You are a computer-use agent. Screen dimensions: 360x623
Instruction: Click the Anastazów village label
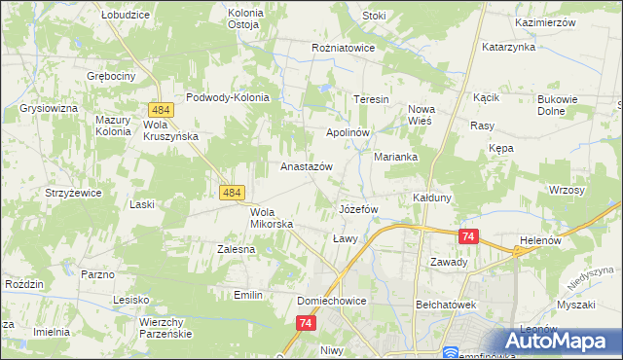[307, 166]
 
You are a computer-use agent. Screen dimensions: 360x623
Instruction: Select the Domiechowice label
[332, 301]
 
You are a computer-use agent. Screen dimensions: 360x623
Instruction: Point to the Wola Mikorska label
[265, 218]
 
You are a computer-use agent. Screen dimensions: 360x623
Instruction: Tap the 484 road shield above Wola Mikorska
[232, 194]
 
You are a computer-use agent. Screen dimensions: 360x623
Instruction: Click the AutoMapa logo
[559, 342]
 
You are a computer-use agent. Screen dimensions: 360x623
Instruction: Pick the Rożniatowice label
[343, 46]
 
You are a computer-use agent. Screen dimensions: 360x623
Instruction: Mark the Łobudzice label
[125, 16]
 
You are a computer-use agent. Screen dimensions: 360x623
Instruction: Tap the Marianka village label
[395, 157]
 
